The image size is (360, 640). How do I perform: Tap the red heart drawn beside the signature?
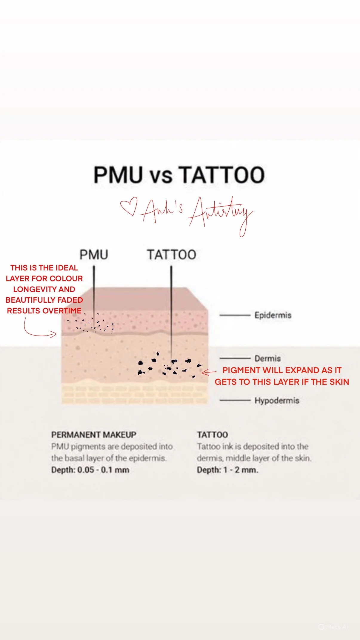[129, 206]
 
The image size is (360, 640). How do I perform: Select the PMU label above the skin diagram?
[94, 255]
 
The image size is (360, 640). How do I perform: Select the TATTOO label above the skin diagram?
[171, 255]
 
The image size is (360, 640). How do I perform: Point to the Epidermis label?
[273, 315]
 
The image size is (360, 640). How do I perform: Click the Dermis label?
[267, 358]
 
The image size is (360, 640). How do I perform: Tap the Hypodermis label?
[277, 400]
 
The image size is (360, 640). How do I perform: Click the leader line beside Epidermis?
[235, 315]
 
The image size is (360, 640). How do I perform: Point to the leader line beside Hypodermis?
[235, 400]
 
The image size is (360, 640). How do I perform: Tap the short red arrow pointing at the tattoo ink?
[209, 372]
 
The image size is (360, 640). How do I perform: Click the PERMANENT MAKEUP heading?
[94, 435]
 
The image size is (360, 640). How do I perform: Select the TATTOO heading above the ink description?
[212, 435]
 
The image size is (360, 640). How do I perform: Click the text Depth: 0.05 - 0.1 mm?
[90, 470]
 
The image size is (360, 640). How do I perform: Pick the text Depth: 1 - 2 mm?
[227, 470]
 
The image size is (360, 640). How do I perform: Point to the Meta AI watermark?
[333, 627]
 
